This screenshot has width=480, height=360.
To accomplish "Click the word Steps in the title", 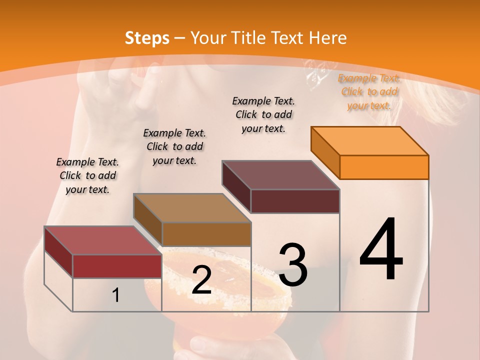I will click(x=147, y=38).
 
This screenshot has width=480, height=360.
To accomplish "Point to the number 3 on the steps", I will click(x=292, y=264).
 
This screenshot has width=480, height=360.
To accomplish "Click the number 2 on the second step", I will click(x=201, y=280).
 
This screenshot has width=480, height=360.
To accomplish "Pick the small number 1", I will click(x=116, y=295).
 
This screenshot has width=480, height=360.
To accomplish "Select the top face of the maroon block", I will click(x=280, y=175).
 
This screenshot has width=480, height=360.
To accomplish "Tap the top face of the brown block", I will click(x=192, y=208).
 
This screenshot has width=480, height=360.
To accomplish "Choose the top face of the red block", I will click(x=102, y=240).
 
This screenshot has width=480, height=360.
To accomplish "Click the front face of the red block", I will click(x=117, y=266).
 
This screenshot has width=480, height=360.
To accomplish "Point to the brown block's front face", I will click(x=206, y=234).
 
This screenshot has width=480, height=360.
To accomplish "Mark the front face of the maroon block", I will click(x=295, y=201).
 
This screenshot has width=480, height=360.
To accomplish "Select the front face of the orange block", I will click(x=384, y=167).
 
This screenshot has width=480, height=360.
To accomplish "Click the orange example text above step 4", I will click(x=369, y=92).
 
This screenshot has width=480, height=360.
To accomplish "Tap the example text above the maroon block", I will click(x=263, y=114).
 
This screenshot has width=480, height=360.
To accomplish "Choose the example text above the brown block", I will click(x=174, y=146).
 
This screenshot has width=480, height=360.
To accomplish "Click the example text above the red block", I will click(x=87, y=175).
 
